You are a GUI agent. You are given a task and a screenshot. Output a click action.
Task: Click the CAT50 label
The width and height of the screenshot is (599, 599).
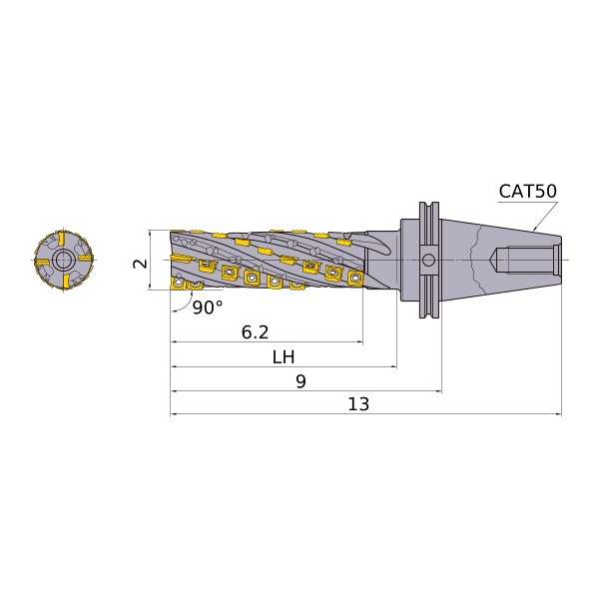[527, 191]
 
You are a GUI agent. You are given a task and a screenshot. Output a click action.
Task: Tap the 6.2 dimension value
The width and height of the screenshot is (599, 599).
[255, 332]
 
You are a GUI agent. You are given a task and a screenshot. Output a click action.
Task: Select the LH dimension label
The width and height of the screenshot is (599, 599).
[284, 357]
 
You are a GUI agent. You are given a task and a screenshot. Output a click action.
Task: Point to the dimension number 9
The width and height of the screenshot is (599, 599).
[301, 381]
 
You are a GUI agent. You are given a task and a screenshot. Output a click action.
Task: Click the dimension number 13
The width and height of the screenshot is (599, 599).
[358, 404]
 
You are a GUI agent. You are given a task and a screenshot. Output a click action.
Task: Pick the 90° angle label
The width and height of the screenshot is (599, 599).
[208, 307]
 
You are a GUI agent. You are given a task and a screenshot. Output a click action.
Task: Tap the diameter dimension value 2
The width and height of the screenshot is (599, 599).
[140, 264]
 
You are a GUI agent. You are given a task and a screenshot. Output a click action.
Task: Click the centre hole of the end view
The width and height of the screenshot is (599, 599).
[64, 261]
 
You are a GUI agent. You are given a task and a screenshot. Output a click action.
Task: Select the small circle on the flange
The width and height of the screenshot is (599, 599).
[428, 261]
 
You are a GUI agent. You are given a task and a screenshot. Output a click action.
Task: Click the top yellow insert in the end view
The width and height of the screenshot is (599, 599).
[62, 240]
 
